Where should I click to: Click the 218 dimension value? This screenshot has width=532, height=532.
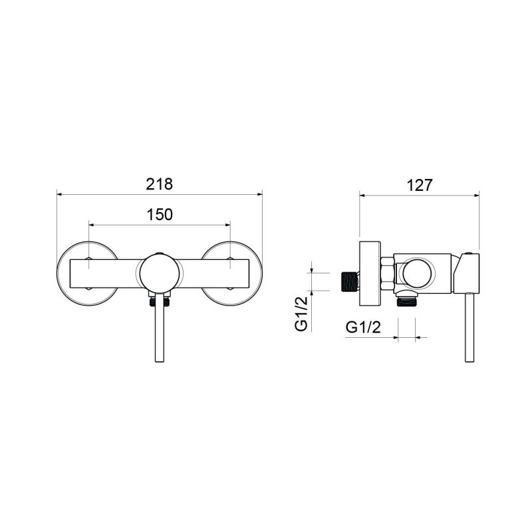(159, 184)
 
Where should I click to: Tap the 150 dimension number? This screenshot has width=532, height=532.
(159, 214)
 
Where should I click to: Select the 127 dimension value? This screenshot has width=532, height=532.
(420, 186)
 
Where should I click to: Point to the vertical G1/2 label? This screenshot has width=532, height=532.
(301, 313)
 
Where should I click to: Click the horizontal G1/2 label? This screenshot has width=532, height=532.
(363, 328)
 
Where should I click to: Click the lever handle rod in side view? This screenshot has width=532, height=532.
(469, 327)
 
